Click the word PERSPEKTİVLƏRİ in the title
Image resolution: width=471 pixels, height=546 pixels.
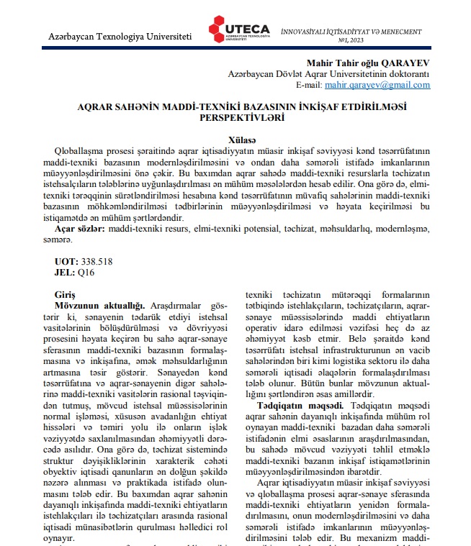pyautogui.click(x=235, y=117)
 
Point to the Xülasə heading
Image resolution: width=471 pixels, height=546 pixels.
pyautogui.click(x=235, y=140)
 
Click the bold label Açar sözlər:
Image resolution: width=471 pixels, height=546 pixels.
pyautogui.click(x=81, y=228)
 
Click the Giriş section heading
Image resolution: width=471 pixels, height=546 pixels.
pyautogui.click(x=66, y=295)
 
